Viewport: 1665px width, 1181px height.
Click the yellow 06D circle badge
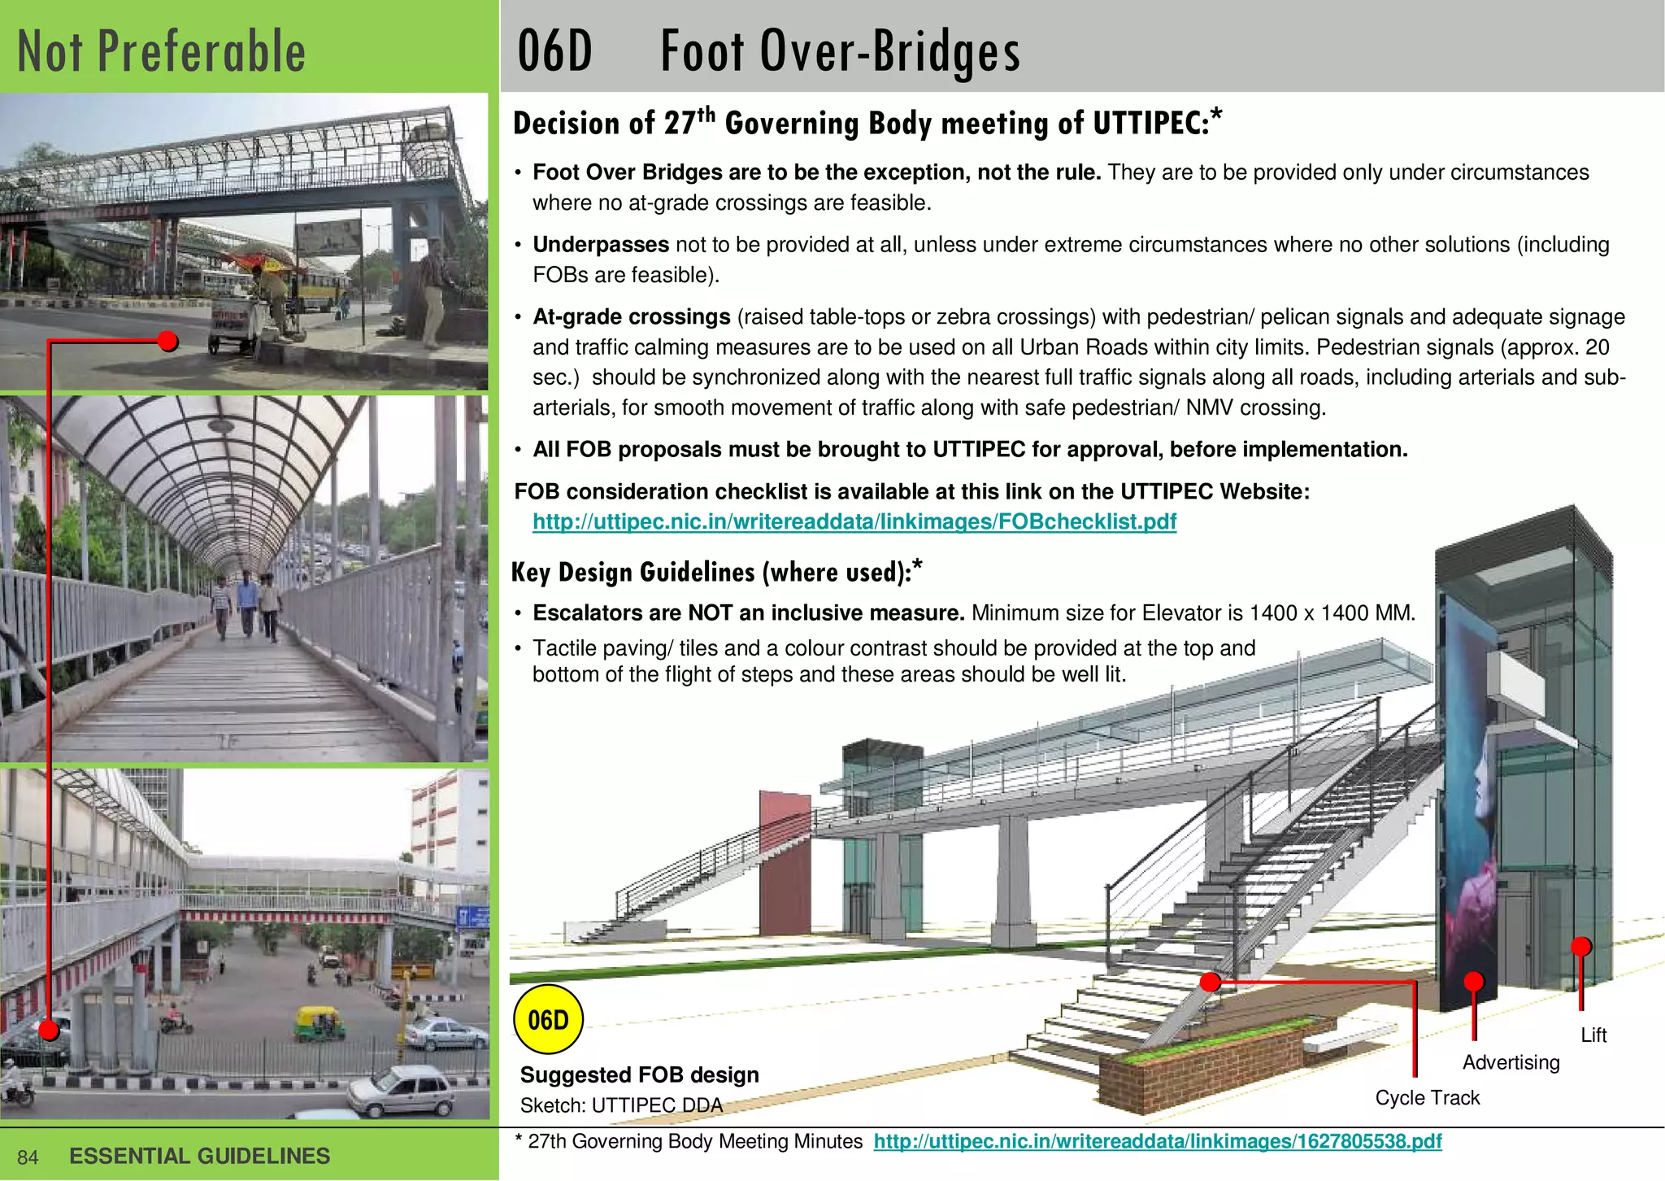tap(549, 1019)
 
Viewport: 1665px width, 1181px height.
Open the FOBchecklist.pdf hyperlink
tap(854, 521)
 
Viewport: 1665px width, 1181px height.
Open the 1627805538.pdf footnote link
tap(1158, 1141)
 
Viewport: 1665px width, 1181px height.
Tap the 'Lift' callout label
tap(1593, 1035)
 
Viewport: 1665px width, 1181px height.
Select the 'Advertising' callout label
tap(1511, 1062)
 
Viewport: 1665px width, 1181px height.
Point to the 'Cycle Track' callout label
tap(1427, 1097)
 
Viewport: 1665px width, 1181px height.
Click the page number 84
tap(28, 1157)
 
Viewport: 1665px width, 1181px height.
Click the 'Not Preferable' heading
tap(162, 51)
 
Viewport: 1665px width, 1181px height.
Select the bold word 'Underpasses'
tap(600, 245)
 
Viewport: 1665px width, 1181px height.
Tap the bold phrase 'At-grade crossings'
tap(632, 317)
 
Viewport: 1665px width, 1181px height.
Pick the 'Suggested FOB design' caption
tap(639, 1074)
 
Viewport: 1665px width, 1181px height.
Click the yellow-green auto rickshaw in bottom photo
tap(320, 1023)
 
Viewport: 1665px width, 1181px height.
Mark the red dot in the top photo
tap(168, 341)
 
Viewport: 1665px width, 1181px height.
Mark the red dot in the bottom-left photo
tap(50, 1030)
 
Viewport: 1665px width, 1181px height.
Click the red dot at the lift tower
tap(1580, 947)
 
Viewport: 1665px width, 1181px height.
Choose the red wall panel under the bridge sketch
tap(784, 862)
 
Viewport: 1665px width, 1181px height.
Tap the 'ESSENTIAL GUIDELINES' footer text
tap(200, 1156)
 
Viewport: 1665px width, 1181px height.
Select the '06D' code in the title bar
tap(555, 51)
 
